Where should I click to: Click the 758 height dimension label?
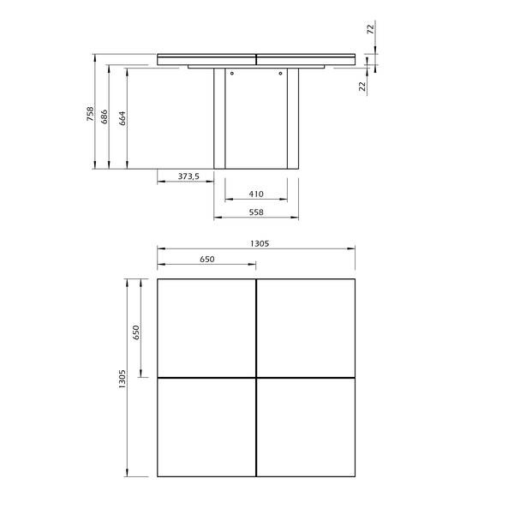90,114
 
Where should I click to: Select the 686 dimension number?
105,117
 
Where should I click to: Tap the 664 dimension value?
123,118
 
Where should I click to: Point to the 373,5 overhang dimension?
188,176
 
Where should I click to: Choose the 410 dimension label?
256,194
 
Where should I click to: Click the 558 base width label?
256,212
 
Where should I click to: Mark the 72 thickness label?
370,29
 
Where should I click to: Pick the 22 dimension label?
362,87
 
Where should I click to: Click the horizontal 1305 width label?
260,243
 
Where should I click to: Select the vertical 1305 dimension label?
122,379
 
